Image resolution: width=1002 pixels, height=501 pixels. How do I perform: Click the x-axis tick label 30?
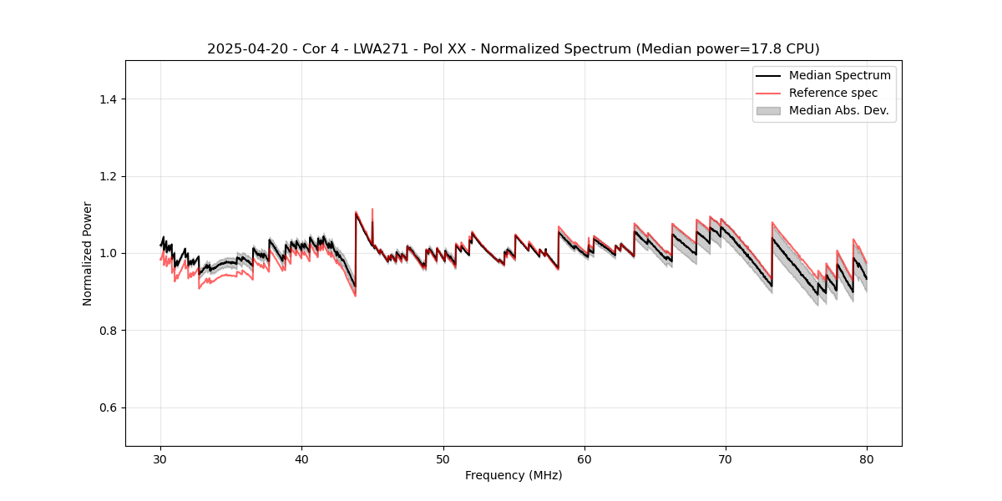(x=160, y=459)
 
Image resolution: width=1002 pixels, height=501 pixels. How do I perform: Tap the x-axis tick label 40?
(x=301, y=459)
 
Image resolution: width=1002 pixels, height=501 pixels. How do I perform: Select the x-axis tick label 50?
(x=443, y=459)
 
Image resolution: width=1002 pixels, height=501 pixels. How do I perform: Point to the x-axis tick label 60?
(x=584, y=459)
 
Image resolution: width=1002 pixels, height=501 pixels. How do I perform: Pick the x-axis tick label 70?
(x=726, y=459)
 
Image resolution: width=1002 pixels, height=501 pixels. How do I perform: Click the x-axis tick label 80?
(x=867, y=459)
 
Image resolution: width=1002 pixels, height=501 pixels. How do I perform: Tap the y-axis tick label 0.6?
(x=108, y=407)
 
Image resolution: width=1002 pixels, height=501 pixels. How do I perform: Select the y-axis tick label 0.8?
(x=108, y=331)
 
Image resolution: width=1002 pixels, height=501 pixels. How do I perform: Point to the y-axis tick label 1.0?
(x=108, y=253)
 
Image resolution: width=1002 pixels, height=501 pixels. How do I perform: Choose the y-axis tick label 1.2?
(x=108, y=176)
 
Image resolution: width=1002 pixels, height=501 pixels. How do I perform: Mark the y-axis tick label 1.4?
(x=108, y=99)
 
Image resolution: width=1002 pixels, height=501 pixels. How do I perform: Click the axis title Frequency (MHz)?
(x=514, y=475)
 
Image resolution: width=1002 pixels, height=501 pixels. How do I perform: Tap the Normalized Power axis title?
(x=88, y=253)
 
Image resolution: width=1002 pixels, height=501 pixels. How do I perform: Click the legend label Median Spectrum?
(x=839, y=75)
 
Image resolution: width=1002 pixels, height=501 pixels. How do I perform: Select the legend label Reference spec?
(x=833, y=93)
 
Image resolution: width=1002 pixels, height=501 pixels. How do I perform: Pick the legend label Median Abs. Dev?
(x=838, y=110)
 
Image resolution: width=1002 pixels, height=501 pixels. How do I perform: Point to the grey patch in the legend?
(x=768, y=110)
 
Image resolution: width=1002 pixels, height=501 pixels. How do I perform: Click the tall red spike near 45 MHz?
(x=372, y=210)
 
